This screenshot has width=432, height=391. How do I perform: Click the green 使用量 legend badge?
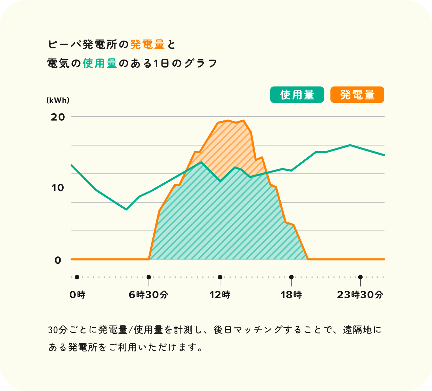(x=297, y=95)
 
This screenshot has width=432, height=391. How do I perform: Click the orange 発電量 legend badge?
(x=357, y=95)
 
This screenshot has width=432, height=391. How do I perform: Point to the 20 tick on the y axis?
(x=58, y=117)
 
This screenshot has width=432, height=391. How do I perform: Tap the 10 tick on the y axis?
(x=58, y=188)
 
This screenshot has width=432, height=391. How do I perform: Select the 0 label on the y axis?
(x=58, y=260)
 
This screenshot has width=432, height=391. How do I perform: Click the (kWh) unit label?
(x=58, y=100)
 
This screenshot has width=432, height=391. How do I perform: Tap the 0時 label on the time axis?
(x=77, y=295)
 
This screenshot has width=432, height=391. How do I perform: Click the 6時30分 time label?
(x=148, y=295)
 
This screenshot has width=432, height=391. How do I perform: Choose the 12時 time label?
(x=220, y=295)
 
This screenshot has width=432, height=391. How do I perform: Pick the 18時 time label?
(x=291, y=295)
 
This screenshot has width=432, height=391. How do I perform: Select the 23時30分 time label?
(x=360, y=295)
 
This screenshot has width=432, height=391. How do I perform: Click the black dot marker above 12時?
(x=220, y=277)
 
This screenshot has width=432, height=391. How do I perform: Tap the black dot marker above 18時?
(x=291, y=277)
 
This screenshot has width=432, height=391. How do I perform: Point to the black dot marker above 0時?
(x=77, y=277)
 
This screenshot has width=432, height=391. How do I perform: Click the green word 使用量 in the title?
(x=100, y=63)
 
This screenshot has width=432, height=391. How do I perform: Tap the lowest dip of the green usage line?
(x=126, y=209)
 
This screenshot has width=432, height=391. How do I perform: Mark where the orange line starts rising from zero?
(x=149, y=259)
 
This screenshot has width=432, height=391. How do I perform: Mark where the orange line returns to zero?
(x=308, y=259)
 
